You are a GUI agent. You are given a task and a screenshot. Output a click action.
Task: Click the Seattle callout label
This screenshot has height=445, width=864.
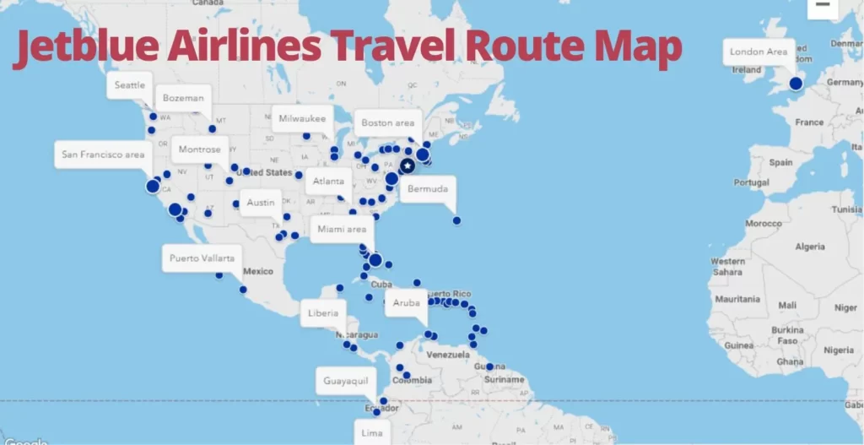click(130, 85)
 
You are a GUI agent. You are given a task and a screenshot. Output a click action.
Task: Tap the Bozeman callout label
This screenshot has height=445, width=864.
click(183, 98)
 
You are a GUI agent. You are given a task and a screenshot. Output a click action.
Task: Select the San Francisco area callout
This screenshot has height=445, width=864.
click(103, 155)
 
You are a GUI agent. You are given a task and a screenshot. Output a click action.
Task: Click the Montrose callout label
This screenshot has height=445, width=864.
click(199, 149)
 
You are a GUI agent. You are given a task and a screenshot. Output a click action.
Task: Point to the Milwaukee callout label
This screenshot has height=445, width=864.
click(301, 118)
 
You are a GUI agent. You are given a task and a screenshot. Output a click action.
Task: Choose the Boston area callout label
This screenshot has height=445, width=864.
click(388, 123)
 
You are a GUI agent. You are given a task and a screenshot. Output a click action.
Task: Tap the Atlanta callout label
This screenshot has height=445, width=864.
click(328, 182)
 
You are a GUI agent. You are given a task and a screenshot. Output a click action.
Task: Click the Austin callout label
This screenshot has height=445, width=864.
click(261, 203)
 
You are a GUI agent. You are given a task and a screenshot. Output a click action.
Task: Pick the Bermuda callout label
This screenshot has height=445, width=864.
click(428, 189)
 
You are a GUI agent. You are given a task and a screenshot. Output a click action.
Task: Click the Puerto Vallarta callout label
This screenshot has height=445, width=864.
click(202, 258)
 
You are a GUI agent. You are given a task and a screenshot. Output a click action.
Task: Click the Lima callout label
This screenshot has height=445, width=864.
click(372, 432)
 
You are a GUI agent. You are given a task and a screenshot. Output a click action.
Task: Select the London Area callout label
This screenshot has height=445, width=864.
click(759, 52)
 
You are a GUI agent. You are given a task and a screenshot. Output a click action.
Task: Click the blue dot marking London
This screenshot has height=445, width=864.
click(796, 84)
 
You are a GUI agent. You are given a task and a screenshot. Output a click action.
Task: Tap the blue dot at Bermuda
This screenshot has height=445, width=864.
click(456, 220)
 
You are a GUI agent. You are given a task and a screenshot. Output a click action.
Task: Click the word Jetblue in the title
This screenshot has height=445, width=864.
click(84, 49)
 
